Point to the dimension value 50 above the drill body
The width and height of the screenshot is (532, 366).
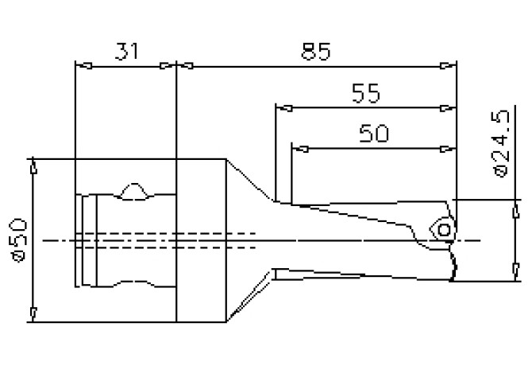pyautogui.click(x=374, y=133)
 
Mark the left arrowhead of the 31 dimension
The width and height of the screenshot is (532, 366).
pyautogui.click(x=78, y=66)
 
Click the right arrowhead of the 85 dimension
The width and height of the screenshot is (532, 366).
pyautogui.click(x=453, y=66)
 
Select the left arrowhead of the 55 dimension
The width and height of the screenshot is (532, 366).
pyautogui.click(x=280, y=107)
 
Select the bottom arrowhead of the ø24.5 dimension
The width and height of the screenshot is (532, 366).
pyautogui.click(x=508, y=275)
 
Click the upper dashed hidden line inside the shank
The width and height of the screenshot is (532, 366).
pyautogui.click(x=167, y=233)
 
